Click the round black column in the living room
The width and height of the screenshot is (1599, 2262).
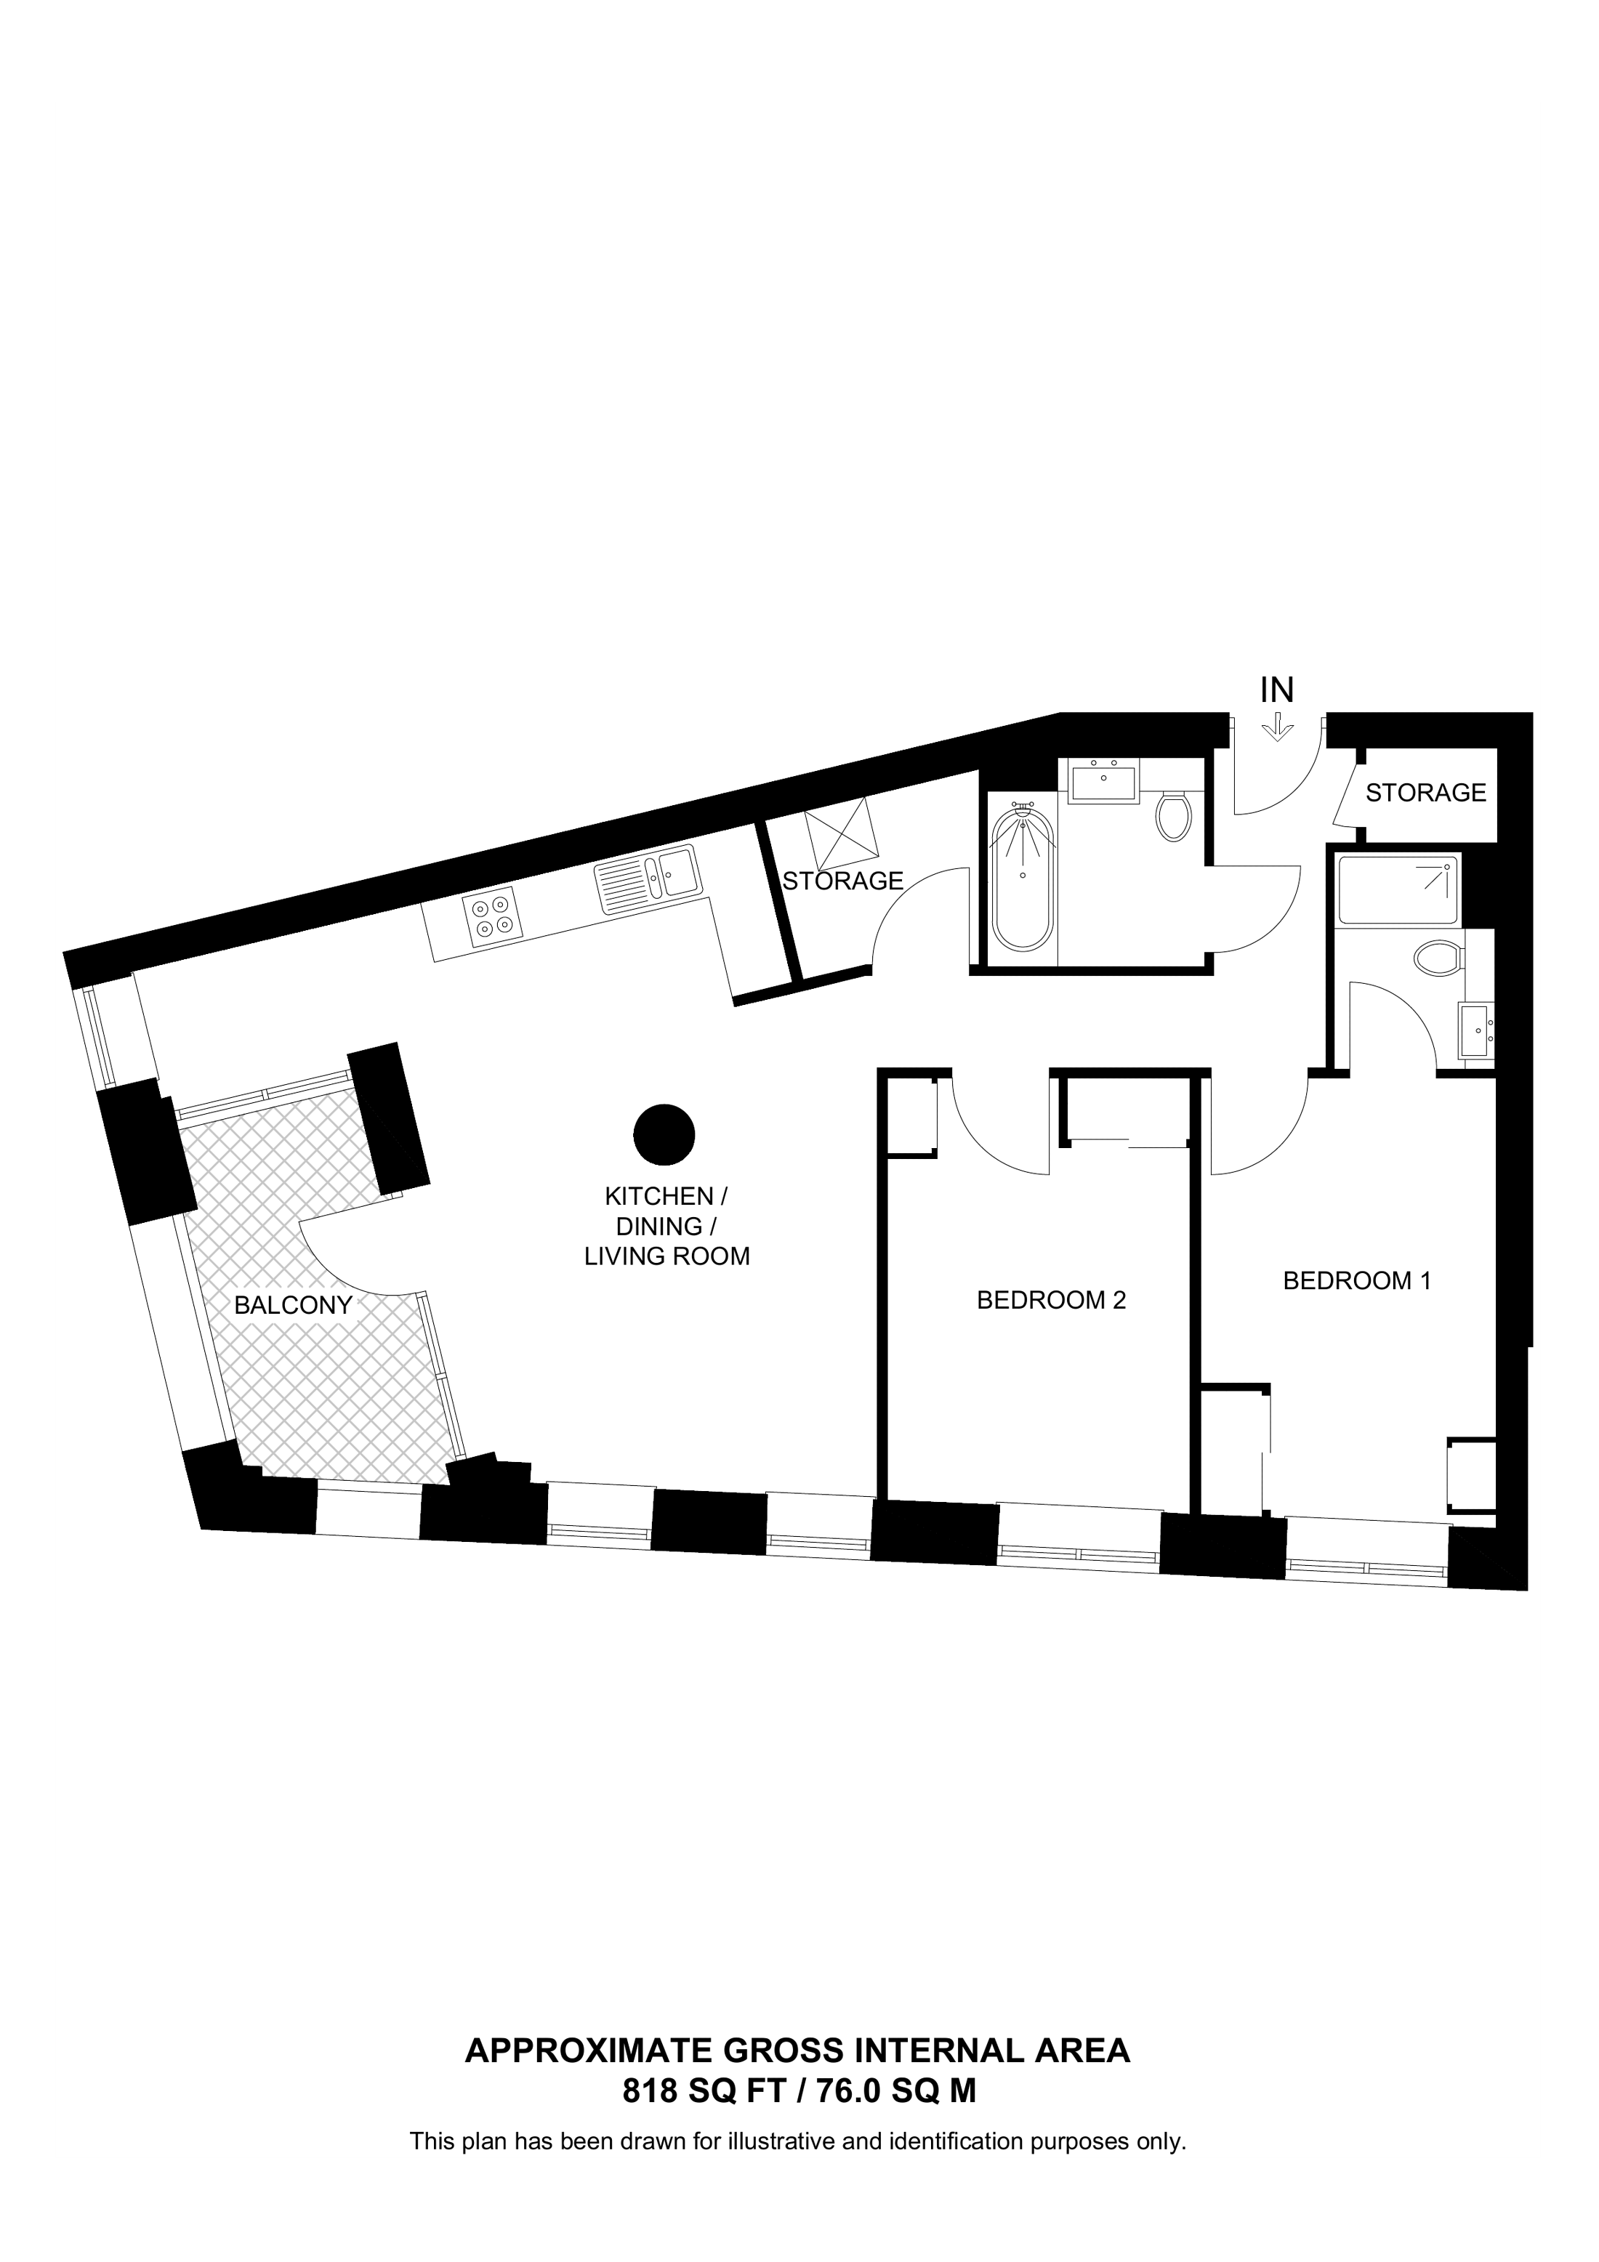tap(664, 1135)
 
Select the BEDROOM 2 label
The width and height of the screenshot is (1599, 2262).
tap(1050, 1301)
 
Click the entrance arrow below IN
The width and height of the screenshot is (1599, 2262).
tap(1277, 729)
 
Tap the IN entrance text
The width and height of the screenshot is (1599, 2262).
tap(1277, 690)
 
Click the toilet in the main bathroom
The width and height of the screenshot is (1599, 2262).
tap(1172, 815)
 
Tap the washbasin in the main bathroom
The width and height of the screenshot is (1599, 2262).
tap(1103, 783)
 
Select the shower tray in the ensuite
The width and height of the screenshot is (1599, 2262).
tap(1398, 891)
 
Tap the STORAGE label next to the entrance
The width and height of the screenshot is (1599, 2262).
tap(1425, 792)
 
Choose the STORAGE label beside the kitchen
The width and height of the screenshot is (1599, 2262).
tap(842, 881)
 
